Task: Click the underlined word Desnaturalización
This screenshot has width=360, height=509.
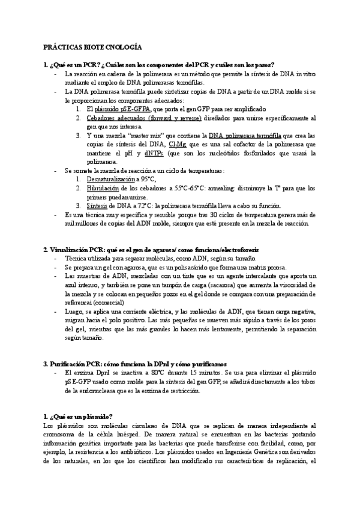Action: pos(110,179)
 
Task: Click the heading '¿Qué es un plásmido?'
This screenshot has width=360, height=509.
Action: pos(78,417)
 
